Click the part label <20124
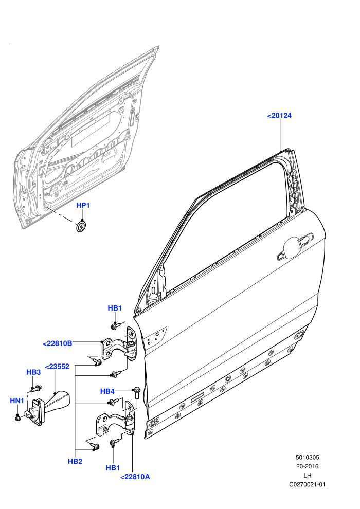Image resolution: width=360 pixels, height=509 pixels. [279, 115]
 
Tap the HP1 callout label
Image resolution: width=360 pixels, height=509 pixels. [83, 205]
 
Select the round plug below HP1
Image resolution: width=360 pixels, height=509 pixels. [82, 227]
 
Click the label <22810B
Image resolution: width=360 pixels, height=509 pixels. [58, 343]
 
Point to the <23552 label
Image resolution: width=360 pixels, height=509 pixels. [57, 367]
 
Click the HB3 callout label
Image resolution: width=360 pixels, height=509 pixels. [33, 372]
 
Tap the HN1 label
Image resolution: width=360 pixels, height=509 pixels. [17, 401]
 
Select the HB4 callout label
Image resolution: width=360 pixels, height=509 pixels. [107, 391]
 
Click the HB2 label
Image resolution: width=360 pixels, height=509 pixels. [75, 461]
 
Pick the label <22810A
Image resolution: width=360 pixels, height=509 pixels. [135, 477]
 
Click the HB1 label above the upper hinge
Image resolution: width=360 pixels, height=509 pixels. [115, 308]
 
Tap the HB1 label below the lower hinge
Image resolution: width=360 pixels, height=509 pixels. [113, 467]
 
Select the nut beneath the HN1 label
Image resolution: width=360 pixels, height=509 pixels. [17, 419]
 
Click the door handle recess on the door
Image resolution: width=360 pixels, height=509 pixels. [295, 246]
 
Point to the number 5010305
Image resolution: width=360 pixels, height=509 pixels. [308, 458]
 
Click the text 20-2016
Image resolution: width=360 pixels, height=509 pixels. [308, 466]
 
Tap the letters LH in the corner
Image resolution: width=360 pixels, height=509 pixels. [308, 476]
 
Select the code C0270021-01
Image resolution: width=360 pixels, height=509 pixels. [307, 485]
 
